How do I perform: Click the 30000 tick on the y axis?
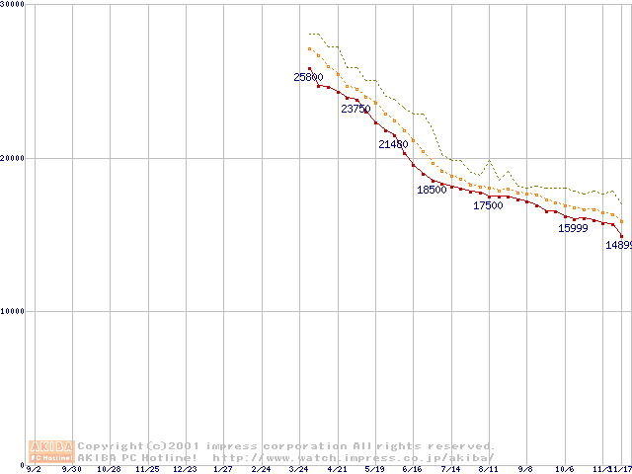[13, 5]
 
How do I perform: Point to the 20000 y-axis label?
[13, 158]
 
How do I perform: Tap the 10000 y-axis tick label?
[13, 311]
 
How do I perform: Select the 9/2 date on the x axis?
[34, 469]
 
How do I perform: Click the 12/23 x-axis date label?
[185, 469]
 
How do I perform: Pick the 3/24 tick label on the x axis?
[299, 469]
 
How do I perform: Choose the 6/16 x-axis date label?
[413, 469]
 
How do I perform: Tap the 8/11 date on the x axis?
[488, 469]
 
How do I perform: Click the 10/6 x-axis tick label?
[564, 469]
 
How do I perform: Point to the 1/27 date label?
[223, 469]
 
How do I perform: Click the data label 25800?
[308, 77]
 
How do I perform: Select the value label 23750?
[355, 109]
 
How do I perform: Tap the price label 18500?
[432, 190]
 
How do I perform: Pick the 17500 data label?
[488, 205]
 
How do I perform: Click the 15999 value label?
[573, 228]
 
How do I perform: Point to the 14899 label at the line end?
[618, 245]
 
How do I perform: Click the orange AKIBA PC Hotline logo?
[50, 451]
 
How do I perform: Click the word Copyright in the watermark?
[110, 446]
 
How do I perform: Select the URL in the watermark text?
[353, 457]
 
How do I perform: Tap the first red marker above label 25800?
[309, 69]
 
